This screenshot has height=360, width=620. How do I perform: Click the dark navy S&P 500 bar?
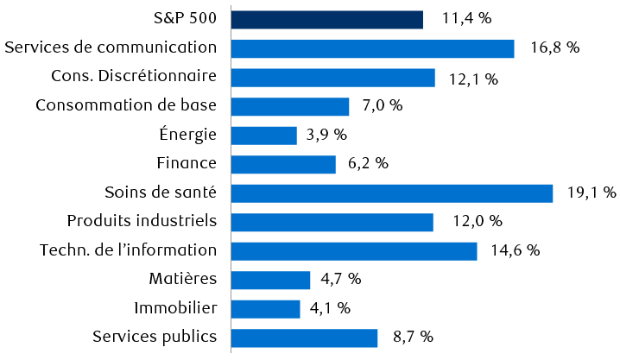327,20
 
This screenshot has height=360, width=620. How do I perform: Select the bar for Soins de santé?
392,193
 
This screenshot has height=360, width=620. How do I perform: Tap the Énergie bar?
264,136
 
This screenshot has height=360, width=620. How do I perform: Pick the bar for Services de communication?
373,48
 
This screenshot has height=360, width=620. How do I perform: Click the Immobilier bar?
266,309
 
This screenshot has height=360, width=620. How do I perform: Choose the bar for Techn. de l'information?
354,251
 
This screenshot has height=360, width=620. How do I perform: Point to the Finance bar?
283,164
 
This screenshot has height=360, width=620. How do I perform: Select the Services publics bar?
305,338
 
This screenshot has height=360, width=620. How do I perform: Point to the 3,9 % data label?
327,135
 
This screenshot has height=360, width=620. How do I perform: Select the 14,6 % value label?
516,250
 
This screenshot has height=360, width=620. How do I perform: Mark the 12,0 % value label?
477,222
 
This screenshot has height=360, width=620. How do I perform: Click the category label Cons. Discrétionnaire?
133,77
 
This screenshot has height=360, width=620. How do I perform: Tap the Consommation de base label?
126,105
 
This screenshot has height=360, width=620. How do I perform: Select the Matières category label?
182,279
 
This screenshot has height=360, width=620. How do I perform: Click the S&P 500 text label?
183,19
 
